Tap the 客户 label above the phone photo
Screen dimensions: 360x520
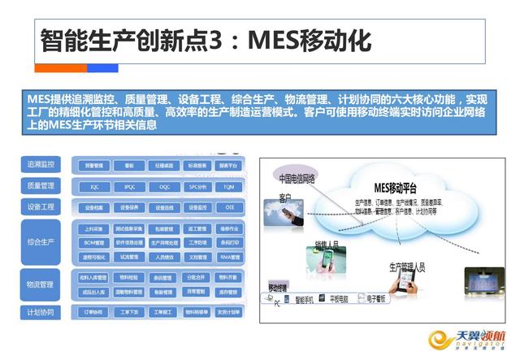pyautogui.click(x=285, y=197)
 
